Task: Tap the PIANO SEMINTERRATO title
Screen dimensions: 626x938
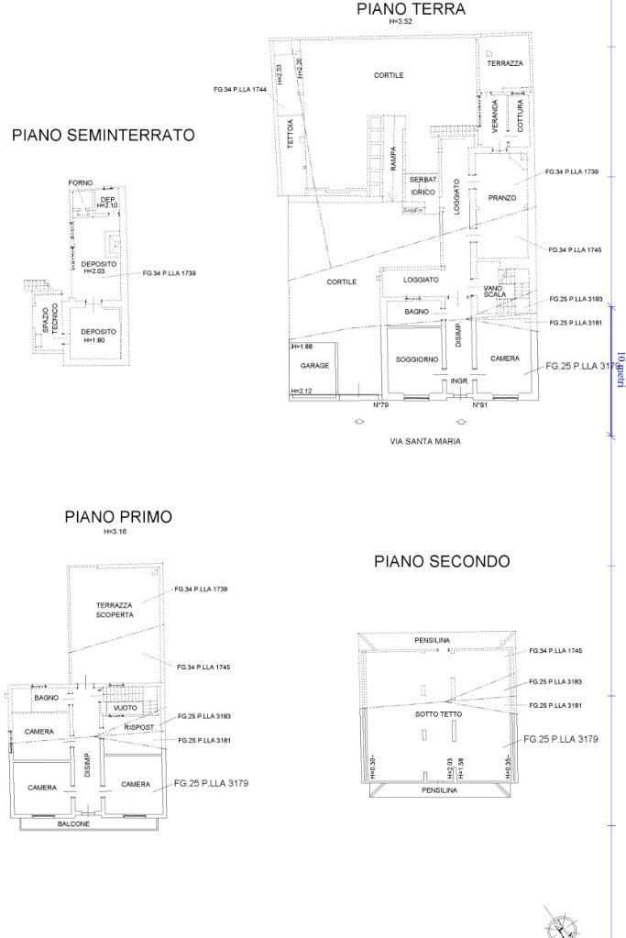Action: point(103,136)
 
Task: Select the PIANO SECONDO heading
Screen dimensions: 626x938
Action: point(442,561)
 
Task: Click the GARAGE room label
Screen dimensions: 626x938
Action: point(314,365)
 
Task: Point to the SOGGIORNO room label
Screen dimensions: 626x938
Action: point(417,359)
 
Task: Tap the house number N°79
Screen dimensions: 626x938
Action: point(380,404)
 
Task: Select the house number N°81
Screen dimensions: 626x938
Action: point(478,404)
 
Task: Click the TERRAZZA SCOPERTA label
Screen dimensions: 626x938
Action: point(115,611)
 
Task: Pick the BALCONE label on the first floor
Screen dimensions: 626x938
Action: point(74,823)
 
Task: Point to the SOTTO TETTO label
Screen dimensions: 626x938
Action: point(438,713)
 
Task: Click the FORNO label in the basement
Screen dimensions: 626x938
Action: point(81,183)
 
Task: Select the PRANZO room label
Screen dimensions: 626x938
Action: point(501,198)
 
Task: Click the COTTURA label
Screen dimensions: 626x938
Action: point(521,116)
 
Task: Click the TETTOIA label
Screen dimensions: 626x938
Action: point(291,135)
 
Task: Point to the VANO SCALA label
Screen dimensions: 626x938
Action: point(494,292)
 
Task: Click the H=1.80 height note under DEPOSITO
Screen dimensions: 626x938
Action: point(98,340)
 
